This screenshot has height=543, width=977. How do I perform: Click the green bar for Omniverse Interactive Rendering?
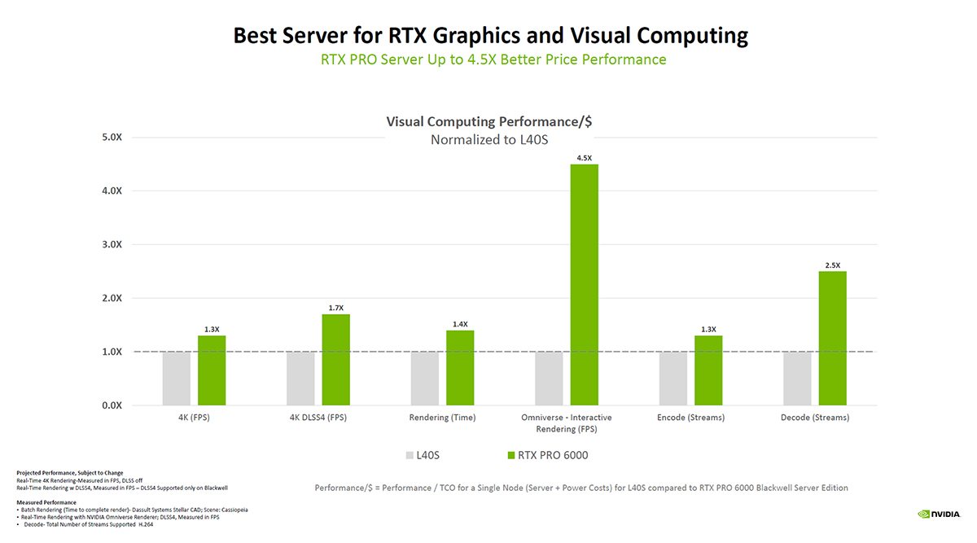(x=584, y=285)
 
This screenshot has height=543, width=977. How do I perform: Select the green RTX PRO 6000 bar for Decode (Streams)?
(x=832, y=338)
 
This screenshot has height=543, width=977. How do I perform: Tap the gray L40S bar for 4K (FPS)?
(x=176, y=379)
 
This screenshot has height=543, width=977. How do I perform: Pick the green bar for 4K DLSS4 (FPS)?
(x=335, y=359)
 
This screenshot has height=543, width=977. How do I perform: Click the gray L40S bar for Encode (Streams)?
(x=673, y=379)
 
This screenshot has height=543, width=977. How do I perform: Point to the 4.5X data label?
(x=584, y=157)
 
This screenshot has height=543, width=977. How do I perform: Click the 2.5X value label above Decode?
(x=832, y=265)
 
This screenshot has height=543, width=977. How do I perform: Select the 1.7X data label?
(x=335, y=307)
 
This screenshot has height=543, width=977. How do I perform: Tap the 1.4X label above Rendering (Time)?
(x=460, y=323)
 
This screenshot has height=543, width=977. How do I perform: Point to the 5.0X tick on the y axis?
(x=112, y=137)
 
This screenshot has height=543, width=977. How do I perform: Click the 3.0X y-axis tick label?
(x=112, y=244)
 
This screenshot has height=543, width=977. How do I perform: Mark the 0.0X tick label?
(x=112, y=405)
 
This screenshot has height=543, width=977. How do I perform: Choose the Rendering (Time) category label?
(x=442, y=418)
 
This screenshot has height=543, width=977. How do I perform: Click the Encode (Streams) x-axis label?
(x=690, y=418)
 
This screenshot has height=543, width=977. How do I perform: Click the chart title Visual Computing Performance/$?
(x=488, y=122)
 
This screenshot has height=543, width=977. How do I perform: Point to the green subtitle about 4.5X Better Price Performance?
(x=493, y=59)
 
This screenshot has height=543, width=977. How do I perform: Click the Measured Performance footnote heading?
(x=46, y=502)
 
